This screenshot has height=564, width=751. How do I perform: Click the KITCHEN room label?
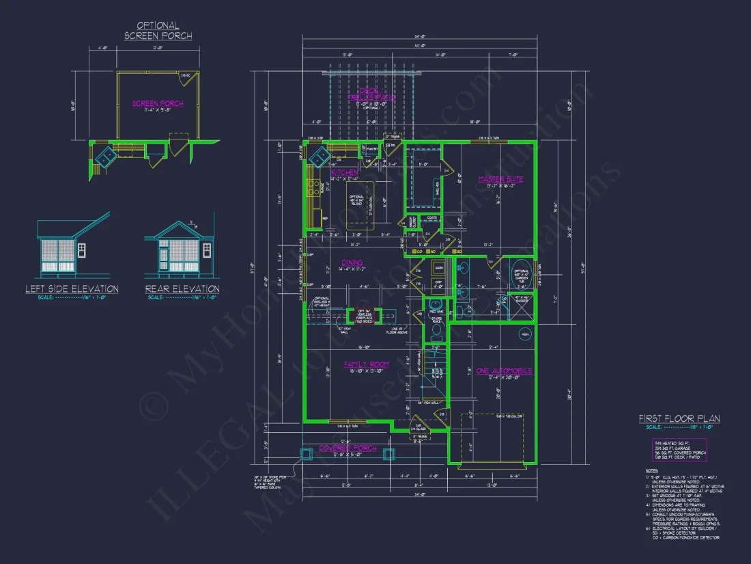pyautogui.click(x=344, y=172)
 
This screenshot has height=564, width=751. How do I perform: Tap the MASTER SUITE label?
pyautogui.click(x=500, y=179)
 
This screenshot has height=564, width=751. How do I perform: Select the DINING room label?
pyautogui.click(x=352, y=263)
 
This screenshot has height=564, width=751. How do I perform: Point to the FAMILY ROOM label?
pyautogui.click(x=366, y=364)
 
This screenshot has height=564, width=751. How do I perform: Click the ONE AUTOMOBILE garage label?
pyautogui.click(x=505, y=371)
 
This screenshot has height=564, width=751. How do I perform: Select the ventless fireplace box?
pyautogui.click(x=360, y=316)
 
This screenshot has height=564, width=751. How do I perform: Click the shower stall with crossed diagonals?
pyautogui.click(x=523, y=305)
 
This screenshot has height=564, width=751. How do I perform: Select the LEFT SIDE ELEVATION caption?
pyautogui.click(x=72, y=289)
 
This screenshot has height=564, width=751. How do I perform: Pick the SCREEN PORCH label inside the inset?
pyautogui.click(x=158, y=104)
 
